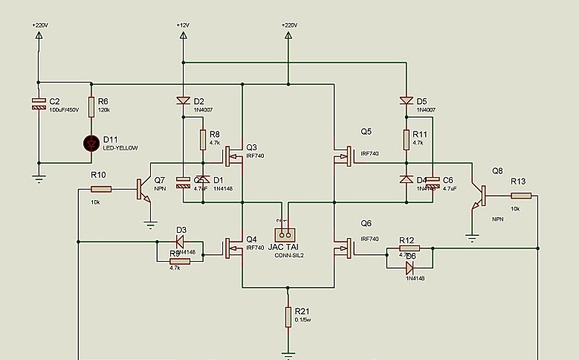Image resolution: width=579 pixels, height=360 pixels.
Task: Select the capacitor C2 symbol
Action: click(x=38, y=103)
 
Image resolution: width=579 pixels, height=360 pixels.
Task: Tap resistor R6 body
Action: click(x=91, y=108)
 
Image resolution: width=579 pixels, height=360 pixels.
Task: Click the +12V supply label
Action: click(x=184, y=25)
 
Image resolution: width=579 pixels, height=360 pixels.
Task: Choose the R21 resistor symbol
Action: click(x=289, y=317)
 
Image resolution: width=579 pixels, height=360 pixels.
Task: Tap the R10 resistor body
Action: click(x=101, y=190)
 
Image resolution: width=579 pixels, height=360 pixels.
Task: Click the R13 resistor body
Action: click(x=521, y=196)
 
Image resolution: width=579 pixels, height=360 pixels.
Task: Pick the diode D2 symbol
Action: click(x=184, y=101)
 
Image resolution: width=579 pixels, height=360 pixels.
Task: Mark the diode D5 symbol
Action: click(x=406, y=101)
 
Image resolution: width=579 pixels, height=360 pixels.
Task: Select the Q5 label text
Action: click(x=366, y=132)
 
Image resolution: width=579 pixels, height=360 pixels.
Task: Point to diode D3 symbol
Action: click(x=178, y=241)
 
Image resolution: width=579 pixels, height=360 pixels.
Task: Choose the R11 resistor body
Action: click(x=406, y=139)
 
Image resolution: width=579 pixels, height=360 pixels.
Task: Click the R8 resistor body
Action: click(x=202, y=139)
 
